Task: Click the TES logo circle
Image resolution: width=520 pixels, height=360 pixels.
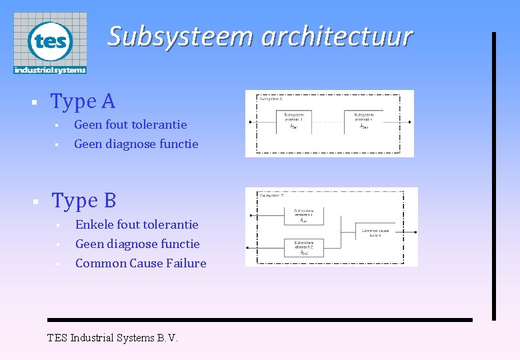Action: point(50,41)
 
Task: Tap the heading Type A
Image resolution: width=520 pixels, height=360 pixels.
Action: point(83,101)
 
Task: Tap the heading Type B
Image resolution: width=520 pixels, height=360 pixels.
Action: point(84,200)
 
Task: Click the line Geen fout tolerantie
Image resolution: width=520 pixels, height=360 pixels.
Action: point(130,125)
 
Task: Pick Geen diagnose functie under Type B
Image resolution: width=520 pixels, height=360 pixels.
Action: point(137,244)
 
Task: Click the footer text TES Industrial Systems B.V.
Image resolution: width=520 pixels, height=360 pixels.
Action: point(113,337)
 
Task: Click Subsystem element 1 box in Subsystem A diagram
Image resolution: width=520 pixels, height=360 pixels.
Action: point(294,121)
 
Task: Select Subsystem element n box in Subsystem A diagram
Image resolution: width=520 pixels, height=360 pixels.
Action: point(364,121)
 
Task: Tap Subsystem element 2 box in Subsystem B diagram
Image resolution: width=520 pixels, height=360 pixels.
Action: point(303,249)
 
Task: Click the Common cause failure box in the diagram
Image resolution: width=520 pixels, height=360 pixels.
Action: point(375,232)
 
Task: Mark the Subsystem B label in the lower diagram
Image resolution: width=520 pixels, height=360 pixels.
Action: point(271,196)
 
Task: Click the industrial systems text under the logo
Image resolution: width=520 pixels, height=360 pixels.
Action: point(50,69)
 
